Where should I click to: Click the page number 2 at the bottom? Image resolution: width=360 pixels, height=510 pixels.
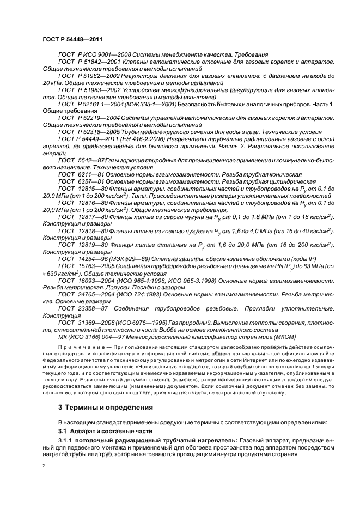pyautogui.click(x=44, y=466)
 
